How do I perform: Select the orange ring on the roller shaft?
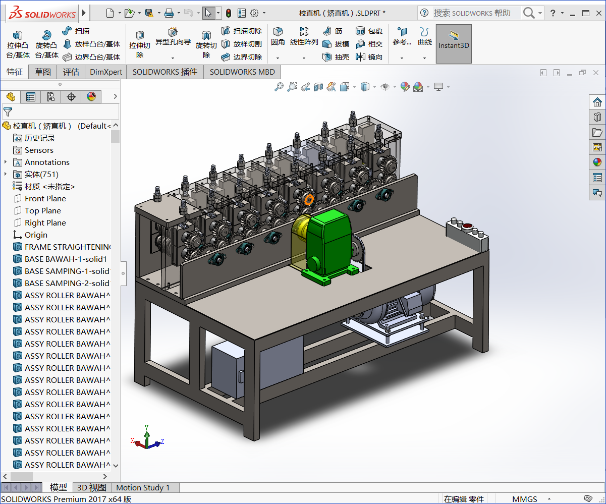(x=309, y=199)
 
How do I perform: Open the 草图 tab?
(x=43, y=72)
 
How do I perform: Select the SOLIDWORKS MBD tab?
(x=242, y=72)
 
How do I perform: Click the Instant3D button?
(x=454, y=44)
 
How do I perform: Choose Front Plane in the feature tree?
(x=45, y=199)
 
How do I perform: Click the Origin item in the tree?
(x=36, y=235)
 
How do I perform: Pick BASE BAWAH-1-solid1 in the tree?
(x=66, y=259)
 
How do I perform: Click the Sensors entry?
(x=39, y=150)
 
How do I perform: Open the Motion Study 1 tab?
(x=143, y=488)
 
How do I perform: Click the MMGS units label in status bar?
(x=525, y=499)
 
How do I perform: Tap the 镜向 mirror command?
(x=370, y=58)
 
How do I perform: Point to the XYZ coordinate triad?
(x=147, y=439)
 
